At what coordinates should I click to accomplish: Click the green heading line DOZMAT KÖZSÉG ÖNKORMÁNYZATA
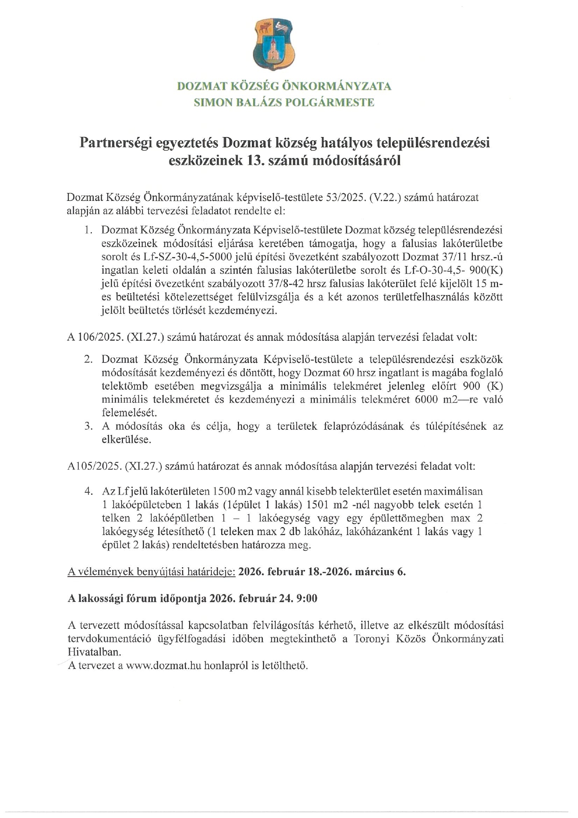[x=284, y=86]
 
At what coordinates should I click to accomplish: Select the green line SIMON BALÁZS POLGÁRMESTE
[x=284, y=103]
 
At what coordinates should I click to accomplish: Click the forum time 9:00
[x=306, y=598]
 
